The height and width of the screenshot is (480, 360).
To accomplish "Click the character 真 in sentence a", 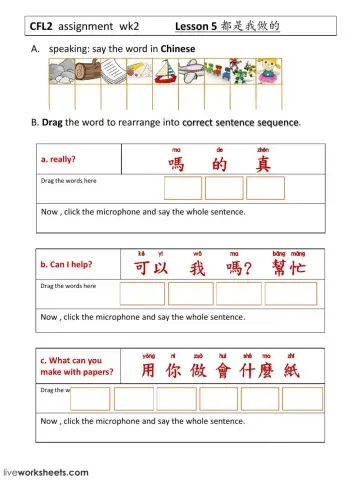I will (x=263, y=162).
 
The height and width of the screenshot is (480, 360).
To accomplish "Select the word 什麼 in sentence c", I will (x=262, y=368).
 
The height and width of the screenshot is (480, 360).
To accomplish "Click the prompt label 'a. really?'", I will (x=59, y=158).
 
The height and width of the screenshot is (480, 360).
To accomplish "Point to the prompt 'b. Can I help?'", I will (x=69, y=265).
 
